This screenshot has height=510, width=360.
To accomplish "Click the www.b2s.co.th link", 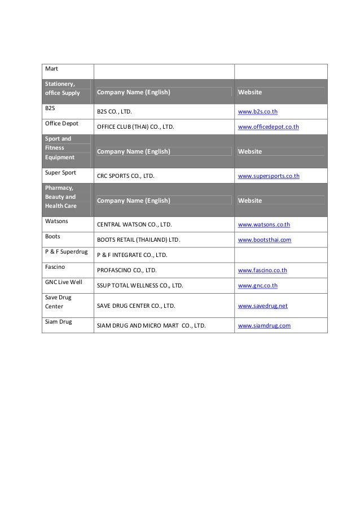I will (x=258, y=112).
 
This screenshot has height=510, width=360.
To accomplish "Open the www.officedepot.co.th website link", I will (x=269, y=127).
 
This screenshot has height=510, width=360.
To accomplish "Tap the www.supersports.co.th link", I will (x=269, y=176).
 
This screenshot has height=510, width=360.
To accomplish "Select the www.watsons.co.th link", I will (x=264, y=225).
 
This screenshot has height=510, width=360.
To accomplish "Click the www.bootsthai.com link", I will (x=265, y=240).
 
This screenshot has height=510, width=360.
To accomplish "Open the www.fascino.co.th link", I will (x=262, y=271).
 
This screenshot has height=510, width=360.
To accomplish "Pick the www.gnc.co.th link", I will (x=258, y=286).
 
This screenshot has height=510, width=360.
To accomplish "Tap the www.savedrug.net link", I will (x=263, y=306).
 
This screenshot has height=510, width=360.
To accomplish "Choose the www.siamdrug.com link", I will (x=264, y=326).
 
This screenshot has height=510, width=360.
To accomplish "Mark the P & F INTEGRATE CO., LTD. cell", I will (x=132, y=255).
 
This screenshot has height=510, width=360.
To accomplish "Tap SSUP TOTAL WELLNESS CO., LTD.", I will (x=140, y=286).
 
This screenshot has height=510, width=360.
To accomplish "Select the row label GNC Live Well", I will (x=64, y=282).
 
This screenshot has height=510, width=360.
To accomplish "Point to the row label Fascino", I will (x=55, y=267).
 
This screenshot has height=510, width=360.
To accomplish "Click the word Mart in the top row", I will (x=52, y=69).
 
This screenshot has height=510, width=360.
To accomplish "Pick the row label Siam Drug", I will (x=59, y=322).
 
